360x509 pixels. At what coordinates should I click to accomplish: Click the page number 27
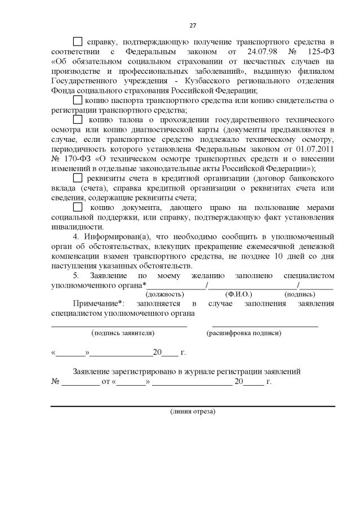(x=192, y=26)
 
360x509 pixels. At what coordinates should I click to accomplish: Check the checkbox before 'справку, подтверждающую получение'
(x=78, y=42)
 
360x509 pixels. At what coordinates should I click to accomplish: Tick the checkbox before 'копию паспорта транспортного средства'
(x=78, y=100)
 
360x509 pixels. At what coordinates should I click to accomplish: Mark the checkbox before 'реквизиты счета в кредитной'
(x=78, y=178)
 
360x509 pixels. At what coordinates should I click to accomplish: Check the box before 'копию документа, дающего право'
(x=78, y=208)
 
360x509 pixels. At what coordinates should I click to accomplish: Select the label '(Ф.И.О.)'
(x=238, y=294)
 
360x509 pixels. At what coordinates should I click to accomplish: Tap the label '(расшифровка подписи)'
(x=244, y=333)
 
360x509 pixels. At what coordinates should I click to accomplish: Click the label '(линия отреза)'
(x=193, y=412)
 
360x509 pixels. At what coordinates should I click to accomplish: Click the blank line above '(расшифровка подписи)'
(x=265, y=325)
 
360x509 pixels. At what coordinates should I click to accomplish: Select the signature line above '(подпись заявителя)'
(x=119, y=325)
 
